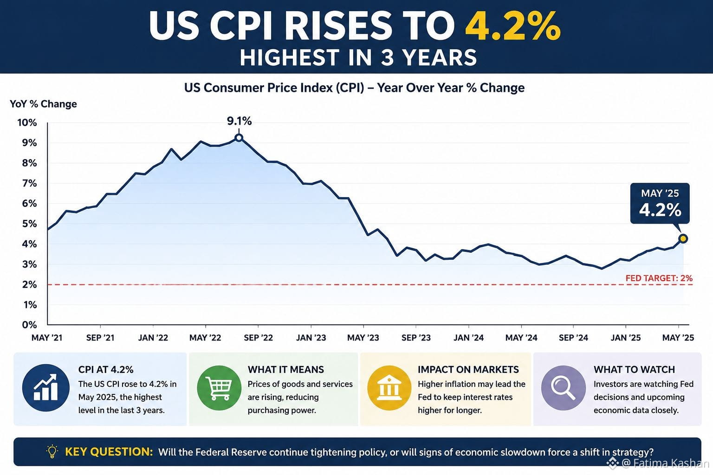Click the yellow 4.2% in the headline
tap(513, 26)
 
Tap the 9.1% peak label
tap(240, 121)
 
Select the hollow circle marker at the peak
tap(239, 138)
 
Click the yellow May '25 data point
tap(683, 238)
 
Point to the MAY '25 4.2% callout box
tap(660, 203)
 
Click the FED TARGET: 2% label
tap(659, 278)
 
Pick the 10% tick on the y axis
tap(27, 123)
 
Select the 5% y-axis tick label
tap(30, 224)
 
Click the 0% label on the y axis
tap(30, 325)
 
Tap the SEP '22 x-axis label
tap(259, 338)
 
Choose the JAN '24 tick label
tap(468, 338)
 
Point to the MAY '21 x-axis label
tap(47, 338)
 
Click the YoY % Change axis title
tap(43, 104)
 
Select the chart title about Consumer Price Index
tap(354, 88)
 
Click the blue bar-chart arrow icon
tap(46, 388)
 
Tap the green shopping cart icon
tap(219, 388)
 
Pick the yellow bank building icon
tap(389, 388)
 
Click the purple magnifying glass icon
tap(564, 388)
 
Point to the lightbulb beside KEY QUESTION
tap(52, 451)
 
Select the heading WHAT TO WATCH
tap(634, 369)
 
